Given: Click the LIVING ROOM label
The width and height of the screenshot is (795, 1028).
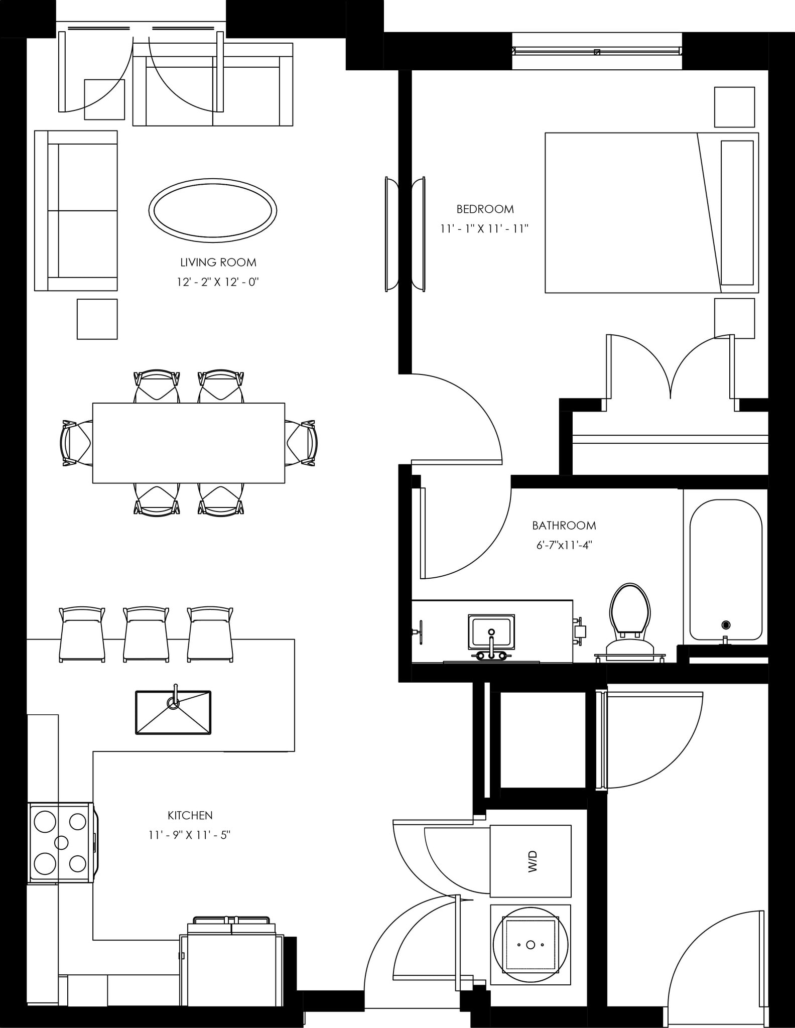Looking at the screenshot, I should pyautogui.click(x=218, y=262).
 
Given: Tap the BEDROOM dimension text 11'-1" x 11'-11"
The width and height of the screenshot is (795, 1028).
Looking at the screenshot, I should pyautogui.click(x=484, y=229).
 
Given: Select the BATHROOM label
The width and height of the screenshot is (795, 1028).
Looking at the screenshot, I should pyautogui.click(x=564, y=526).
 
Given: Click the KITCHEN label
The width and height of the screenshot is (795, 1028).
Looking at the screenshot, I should pyautogui.click(x=190, y=815).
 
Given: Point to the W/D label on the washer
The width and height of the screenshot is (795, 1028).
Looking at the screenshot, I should pyautogui.click(x=533, y=861).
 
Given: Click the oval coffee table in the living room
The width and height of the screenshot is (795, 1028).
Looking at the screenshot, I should pyautogui.click(x=213, y=210).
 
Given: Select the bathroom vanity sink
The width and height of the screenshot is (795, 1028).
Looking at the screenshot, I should pyautogui.click(x=491, y=632).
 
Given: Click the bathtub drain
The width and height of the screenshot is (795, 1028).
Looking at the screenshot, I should pyautogui.click(x=725, y=625).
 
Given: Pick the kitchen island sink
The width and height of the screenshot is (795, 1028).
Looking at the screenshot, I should pyautogui.click(x=173, y=712).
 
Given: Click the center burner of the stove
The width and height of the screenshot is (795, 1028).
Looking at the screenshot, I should pyautogui.click(x=61, y=842).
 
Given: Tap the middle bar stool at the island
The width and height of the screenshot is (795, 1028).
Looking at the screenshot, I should pyautogui.click(x=146, y=635).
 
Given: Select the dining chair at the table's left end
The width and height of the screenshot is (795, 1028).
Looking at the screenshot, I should pyautogui.click(x=75, y=443).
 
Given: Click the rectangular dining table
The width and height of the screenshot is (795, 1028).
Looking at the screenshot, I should pyautogui.click(x=188, y=443).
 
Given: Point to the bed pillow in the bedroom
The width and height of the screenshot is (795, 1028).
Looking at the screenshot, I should pyautogui.click(x=737, y=212).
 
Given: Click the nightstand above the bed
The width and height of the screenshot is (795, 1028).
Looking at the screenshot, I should pyautogui.click(x=734, y=107).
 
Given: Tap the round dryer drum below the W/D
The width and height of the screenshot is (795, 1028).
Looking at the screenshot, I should pyautogui.click(x=531, y=945).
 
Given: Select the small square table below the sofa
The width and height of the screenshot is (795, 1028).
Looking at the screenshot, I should pyautogui.click(x=97, y=319).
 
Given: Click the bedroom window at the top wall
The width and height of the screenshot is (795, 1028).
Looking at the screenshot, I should pyautogui.click(x=597, y=51).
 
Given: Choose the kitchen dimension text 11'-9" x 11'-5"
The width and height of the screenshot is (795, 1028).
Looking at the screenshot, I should pyautogui.click(x=189, y=835).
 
